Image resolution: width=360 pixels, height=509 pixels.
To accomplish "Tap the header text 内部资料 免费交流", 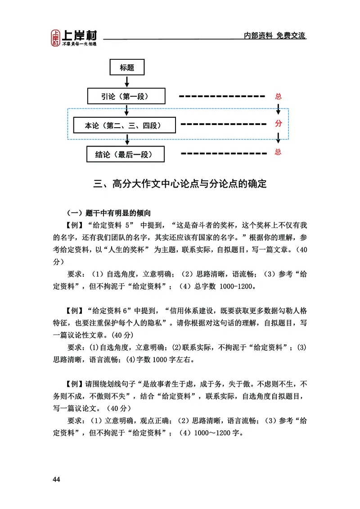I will [x=274, y=36].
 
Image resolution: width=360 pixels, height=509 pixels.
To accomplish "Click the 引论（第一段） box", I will [x=126, y=96].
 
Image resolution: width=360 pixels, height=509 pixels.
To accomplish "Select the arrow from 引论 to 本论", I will [x=127, y=111].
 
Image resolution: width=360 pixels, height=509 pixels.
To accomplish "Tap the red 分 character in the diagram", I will [x=278, y=124].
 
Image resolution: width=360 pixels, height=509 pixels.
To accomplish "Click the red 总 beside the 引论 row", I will [x=278, y=96].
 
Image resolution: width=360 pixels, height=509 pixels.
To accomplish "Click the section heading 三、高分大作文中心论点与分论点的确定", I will [x=180, y=184].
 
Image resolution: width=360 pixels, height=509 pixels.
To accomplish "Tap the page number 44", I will [x=56, y=479].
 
